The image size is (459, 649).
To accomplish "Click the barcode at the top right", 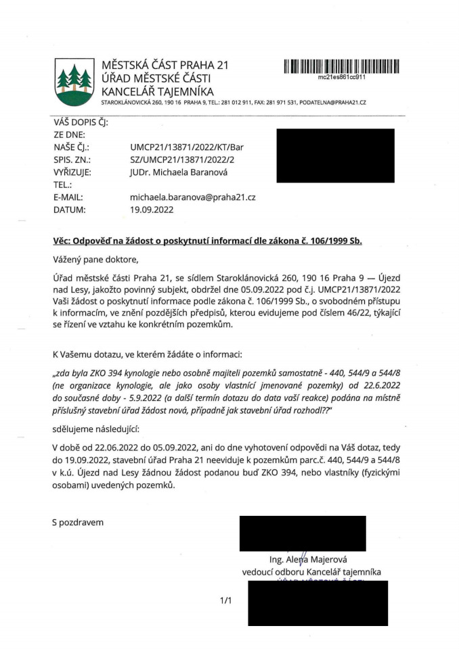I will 341,67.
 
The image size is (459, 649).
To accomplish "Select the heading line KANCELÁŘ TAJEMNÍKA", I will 156,91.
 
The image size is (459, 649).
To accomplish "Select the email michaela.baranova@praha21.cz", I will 192,197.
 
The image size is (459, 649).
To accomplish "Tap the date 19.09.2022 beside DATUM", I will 152,210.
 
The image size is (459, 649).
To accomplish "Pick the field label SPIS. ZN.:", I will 71,159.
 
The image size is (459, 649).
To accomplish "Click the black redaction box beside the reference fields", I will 335,155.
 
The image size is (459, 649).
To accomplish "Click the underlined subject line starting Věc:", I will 206,241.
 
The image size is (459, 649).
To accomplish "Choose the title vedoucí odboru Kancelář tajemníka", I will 312,572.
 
